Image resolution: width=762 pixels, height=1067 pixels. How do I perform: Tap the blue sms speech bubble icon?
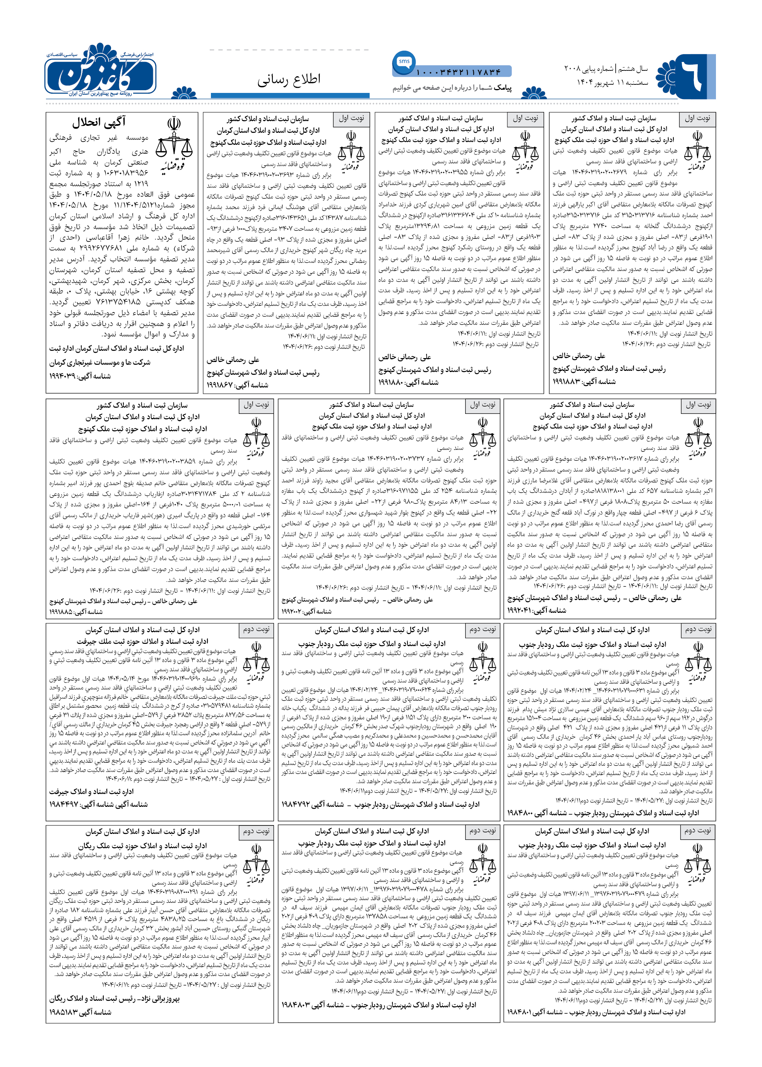click(404, 62)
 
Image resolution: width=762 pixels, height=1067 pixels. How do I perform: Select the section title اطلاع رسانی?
click(289, 79)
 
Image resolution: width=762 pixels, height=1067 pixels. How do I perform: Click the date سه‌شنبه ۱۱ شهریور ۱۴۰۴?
click(612, 82)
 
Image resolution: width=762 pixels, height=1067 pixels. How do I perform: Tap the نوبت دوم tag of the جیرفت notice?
click(256, 629)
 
